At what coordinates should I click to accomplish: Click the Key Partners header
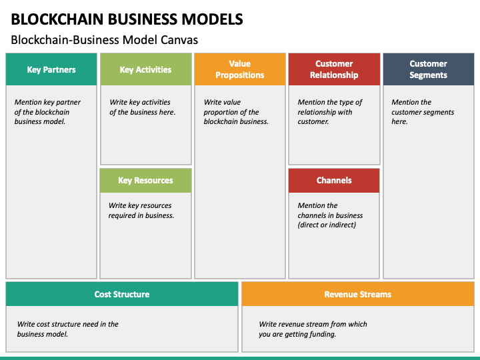coord(51,69)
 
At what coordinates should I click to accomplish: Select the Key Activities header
coord(146,69)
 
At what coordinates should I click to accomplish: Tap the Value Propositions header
coord(240,69)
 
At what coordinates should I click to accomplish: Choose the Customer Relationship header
coord(334,69)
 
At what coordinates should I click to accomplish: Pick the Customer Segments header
coord(429,69)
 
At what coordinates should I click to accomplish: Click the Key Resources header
coord(146,180)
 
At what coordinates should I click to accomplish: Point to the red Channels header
coord(334,180)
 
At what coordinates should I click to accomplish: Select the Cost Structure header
coord(122,294)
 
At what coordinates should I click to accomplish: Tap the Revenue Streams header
coord(358,294)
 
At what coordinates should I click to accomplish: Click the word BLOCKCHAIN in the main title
coord(57,19)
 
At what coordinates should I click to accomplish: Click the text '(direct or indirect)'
coord(327,225)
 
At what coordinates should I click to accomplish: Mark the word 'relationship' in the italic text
coord(315,113)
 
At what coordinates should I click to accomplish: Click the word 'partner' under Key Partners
coord(69,102)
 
